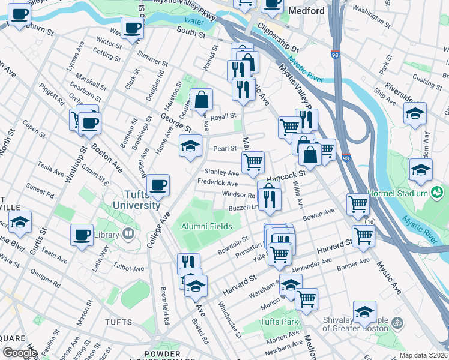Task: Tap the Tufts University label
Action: click(x=134, y=199)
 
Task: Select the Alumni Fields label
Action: click(x=206, y=226)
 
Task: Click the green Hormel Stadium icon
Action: click(x=436, y=192)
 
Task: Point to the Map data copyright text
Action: click(x=423, y=355)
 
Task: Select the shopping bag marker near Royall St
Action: click(x=202, y=100)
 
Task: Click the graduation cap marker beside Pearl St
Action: click(x=191, y=146)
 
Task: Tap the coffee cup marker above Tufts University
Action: click(x=158, y=185)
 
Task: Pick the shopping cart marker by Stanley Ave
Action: click(x=253, y=162)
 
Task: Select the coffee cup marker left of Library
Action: click(x=82, y=235)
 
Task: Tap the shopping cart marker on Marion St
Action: click(x=306, y=298)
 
